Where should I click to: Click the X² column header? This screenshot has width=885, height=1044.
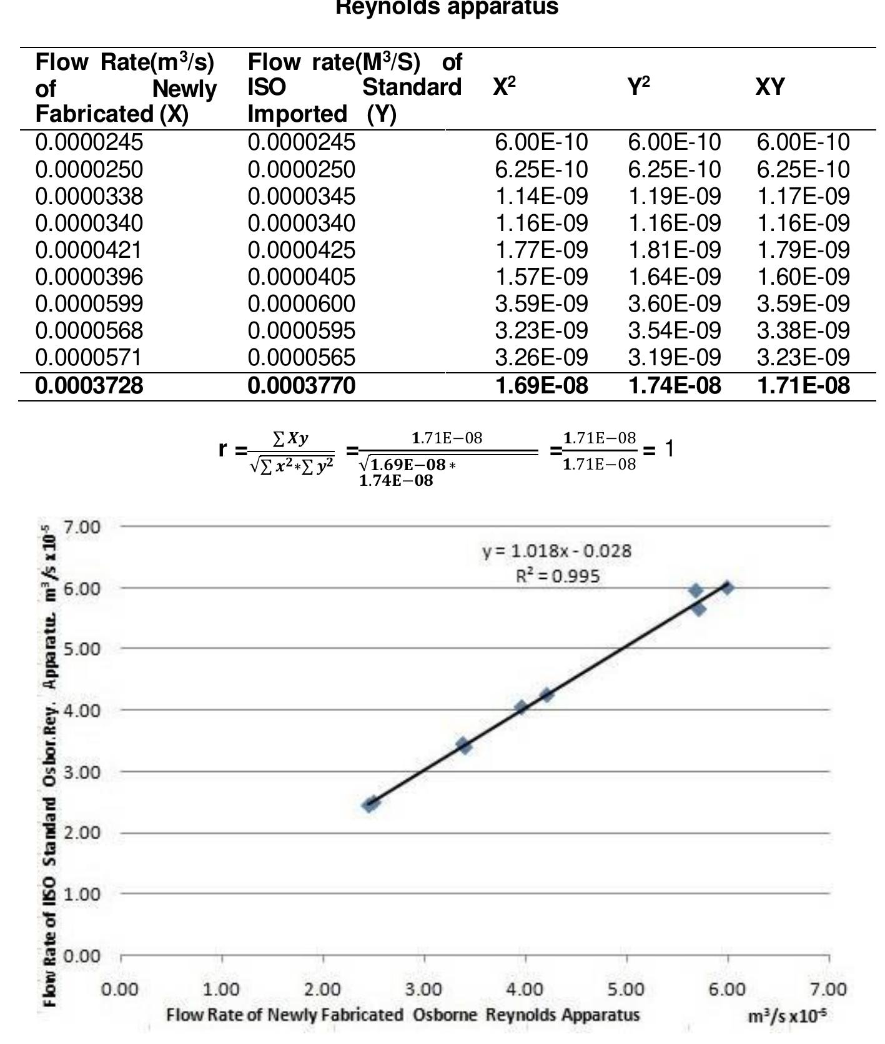504,87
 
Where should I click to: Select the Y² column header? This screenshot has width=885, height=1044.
638,87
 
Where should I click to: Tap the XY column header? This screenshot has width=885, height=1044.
769,87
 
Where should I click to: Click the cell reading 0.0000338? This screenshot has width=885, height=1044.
89,197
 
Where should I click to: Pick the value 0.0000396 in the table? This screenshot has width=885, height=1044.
89,277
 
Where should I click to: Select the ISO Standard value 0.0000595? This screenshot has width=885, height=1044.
302,331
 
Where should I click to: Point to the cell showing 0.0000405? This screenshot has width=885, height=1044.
302,277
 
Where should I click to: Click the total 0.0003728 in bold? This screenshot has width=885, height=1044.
89,386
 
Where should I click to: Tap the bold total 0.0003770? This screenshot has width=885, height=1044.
302,386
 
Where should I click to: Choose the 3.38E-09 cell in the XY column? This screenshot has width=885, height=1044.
803,331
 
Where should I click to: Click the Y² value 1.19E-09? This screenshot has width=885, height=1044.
674,197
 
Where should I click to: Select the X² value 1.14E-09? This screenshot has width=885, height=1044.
541,197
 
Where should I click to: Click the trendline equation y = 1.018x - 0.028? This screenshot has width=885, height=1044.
556,551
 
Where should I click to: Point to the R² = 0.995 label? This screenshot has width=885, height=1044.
558,576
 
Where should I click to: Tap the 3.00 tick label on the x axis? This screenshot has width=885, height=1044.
423,990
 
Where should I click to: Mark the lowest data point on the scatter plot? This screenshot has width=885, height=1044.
370,804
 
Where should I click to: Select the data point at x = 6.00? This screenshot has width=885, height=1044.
727,588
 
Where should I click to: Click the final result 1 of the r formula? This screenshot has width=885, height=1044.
669,449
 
